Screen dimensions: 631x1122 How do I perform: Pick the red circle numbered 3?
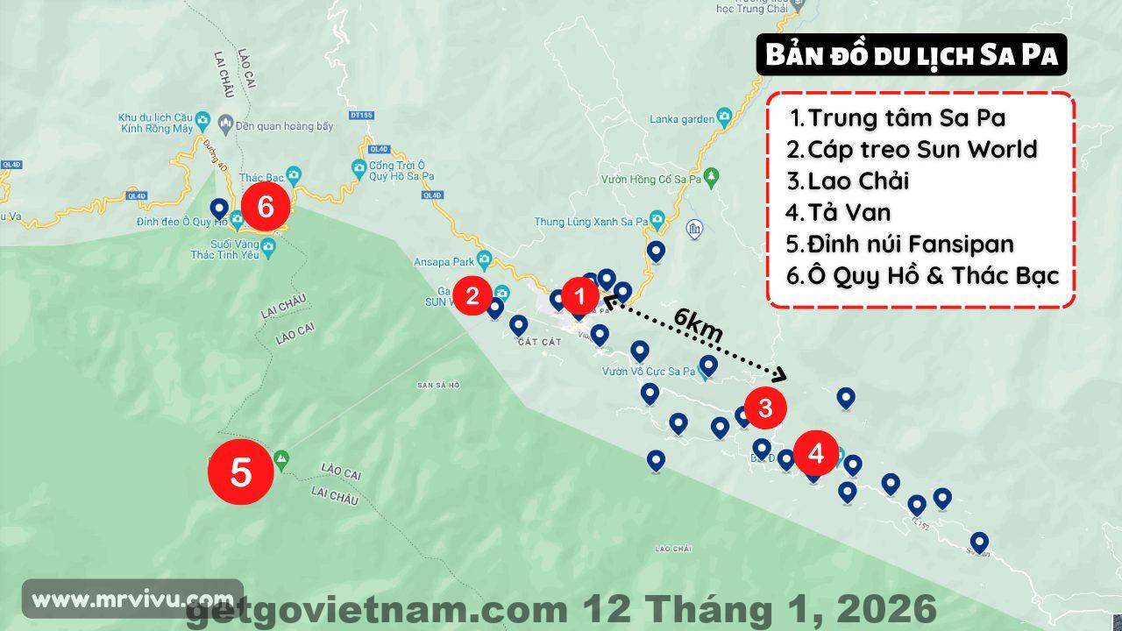tap(764, 408)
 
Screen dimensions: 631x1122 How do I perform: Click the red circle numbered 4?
tap(816, 453)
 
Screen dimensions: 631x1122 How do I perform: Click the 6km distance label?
tap(699, 326)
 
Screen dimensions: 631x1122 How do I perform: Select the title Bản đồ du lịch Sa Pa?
tap(912, 55)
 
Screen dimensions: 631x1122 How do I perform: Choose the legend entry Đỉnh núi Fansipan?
tap(910, 244)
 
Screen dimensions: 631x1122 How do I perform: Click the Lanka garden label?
tap(681, 119)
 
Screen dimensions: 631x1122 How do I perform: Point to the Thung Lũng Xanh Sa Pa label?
tap(591, 222)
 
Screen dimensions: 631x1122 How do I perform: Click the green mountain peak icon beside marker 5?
tap(281, 458)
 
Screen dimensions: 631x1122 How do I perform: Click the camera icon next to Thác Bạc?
tap(293, 174)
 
